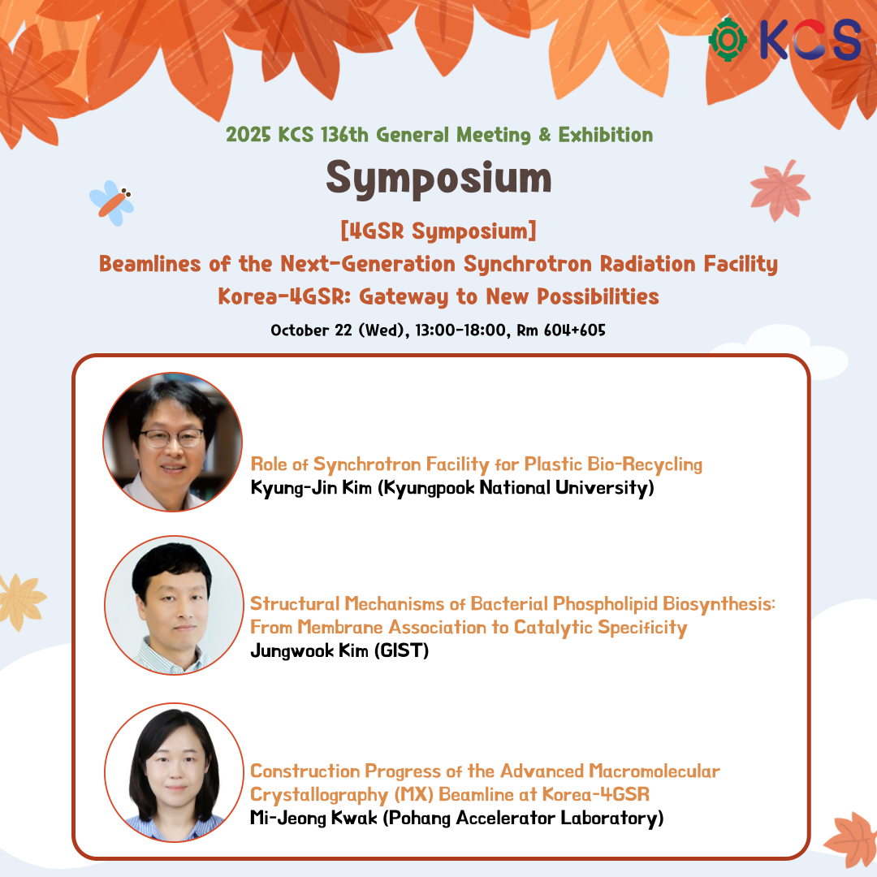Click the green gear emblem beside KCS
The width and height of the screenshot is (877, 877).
pyautogui.click(x=728, y=40)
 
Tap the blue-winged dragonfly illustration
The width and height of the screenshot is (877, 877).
pyautogui.click(x=112, y=202)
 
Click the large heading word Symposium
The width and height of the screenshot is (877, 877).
pyautogui.click(x=439, y=178)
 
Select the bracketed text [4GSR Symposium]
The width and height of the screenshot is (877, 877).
pyautogui.click(x=438, y=231)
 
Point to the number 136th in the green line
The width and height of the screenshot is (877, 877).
pyautogui.click(x=344, y=135)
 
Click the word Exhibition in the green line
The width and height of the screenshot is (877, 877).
pyautogui.click(x=605, y=135)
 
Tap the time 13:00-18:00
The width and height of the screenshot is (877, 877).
pyautogui.click(x=460, y=330)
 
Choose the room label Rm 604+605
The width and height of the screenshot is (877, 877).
pyautogui.click(x=561, y=330)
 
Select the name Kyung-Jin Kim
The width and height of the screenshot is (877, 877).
pyautogui.click(x=311, y=488)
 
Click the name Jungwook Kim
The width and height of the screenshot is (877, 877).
pyautogui.click(x=309, y=650)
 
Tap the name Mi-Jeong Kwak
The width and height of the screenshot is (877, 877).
pyautogui.click(x=313, y=818)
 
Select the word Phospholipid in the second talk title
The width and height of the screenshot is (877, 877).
pyautogui.click(x=605, y=604)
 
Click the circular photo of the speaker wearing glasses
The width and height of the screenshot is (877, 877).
pyautogui.click(x=173, y=442)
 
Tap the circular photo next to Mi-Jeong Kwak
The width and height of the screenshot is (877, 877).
pyautogui.click(x=175, y=772)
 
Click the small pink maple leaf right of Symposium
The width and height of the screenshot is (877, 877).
pyautogui.click(x=780, y=190)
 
